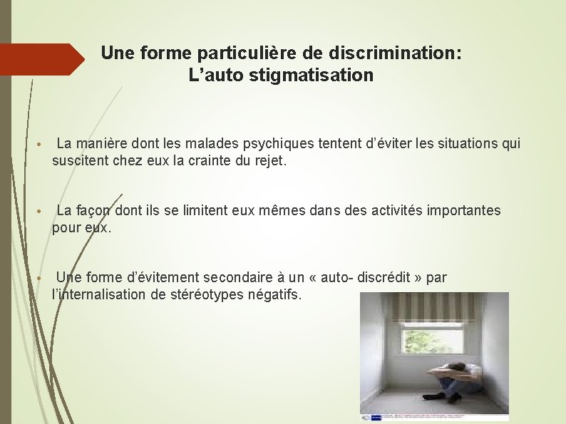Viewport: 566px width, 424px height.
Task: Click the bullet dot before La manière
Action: point(43,145)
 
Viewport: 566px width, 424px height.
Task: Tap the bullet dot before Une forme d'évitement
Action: point(43,278)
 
